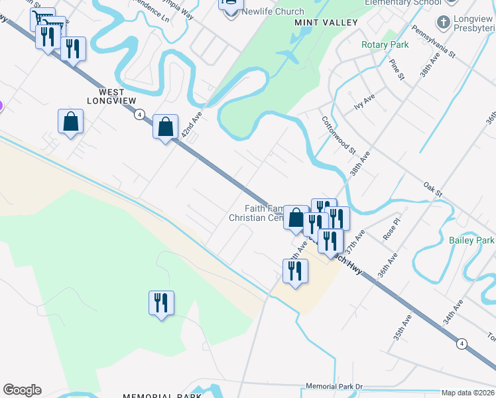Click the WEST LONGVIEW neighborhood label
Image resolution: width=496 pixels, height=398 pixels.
[111, 96]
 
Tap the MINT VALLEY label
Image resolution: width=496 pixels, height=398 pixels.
[326, 23]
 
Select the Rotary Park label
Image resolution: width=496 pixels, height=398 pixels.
[385, 44]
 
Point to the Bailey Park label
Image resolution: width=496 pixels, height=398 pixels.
[471, 240]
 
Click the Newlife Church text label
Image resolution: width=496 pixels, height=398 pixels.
[273, 11]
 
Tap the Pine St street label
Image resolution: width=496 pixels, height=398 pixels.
[397, 69]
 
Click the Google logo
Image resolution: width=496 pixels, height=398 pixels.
[22, 390]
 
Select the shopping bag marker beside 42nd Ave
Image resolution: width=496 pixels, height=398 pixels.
[165, 125]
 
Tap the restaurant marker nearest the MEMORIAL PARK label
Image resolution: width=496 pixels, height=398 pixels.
[161, 302]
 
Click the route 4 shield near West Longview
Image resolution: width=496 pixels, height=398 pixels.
[139, 114]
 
